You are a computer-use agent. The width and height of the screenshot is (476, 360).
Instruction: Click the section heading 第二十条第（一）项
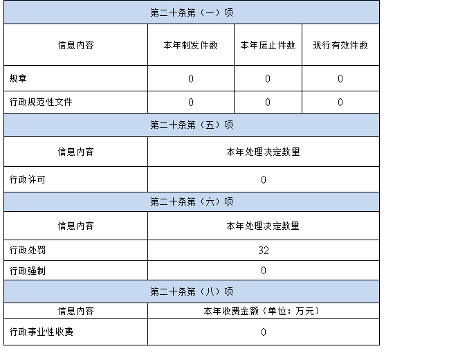click(192, 12)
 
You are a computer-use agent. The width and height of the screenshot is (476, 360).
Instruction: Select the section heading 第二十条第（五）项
click(192, 125)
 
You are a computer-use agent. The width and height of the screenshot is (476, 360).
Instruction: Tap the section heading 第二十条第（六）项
click(192, 201)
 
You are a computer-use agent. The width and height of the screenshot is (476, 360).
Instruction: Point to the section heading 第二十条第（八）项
click(192, 291)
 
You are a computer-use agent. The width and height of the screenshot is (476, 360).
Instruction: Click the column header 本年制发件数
click(191, 45)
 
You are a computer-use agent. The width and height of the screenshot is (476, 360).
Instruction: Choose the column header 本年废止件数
click(268, 45)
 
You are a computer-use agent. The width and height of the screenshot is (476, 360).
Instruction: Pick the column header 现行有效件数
click(340, 45)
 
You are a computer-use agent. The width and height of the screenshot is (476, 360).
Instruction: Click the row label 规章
click(18, 78)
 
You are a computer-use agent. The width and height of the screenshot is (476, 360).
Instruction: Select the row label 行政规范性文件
click(41, 102)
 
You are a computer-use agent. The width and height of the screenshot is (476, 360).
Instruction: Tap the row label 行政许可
click(27, 179)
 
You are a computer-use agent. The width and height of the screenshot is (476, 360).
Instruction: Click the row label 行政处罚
click(27, 250)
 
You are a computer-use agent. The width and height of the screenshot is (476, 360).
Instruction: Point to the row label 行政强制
click(27, 271)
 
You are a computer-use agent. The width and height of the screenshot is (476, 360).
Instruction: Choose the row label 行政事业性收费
click(42, 332)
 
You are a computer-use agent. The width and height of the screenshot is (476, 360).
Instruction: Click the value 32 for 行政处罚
click(264, 251)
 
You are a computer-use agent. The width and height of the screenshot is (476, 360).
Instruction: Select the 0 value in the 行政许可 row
click(264, 180)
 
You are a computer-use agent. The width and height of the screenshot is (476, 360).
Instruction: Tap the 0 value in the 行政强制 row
click(264, 271)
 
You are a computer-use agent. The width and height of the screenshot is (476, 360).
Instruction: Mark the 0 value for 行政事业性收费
click(264, 332)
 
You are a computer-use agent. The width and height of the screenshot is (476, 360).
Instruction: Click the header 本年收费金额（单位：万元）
click(262, 311)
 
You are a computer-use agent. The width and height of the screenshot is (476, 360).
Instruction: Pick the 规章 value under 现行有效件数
click(340, 79)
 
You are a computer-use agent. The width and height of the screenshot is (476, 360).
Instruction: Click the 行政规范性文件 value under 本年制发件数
click(191, 102)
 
